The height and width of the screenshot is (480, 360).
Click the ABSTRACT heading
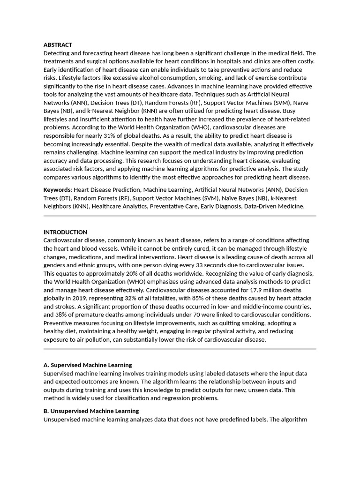point(58,45)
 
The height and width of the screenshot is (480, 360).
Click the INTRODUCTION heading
point(65,232)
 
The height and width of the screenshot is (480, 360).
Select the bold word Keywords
point(57,189)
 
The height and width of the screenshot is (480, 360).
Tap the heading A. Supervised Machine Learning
point(88,365)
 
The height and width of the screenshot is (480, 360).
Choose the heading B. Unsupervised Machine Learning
point(91,411)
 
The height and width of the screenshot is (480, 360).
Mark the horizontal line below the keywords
point(180,216)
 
